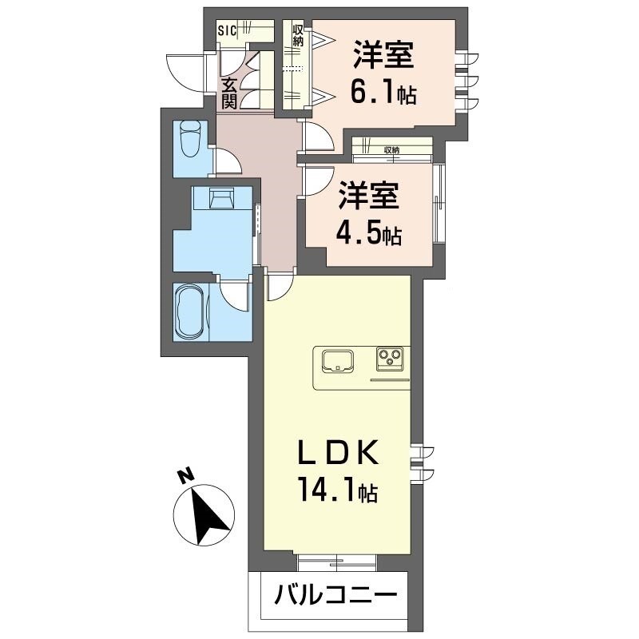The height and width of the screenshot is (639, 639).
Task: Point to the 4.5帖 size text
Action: click(369, 236)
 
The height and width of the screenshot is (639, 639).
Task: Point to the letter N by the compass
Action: click(185, 478)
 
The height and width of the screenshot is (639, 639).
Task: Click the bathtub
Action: click(190, 311)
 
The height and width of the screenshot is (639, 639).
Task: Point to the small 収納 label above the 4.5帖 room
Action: click(391, 150)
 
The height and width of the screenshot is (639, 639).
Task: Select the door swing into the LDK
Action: click(280, 287)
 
